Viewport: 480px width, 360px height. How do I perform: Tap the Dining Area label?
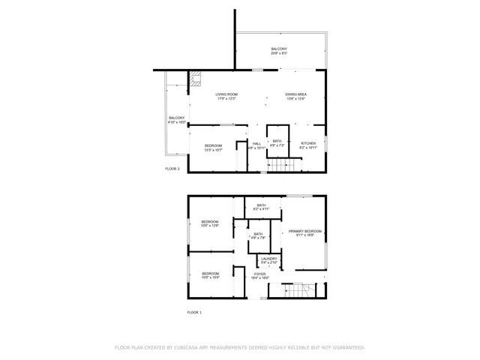tap(295, 96)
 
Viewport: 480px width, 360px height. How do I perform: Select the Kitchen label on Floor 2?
tap(308, 144)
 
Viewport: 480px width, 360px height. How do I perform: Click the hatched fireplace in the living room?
tap(196, 78)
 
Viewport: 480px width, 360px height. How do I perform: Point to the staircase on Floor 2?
tap(279, 165)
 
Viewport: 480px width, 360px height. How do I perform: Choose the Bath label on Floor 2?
tap(277, 142)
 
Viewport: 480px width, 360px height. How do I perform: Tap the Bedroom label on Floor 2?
tap(213, 147)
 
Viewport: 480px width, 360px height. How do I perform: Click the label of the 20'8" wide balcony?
tap(279, 51)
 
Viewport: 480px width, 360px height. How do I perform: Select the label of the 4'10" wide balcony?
tap(176, 119)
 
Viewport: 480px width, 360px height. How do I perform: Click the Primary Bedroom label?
tap(305, 232)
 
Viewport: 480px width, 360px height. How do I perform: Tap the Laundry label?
tap(269, 260)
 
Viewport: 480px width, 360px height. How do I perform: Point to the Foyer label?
tap(259, 275)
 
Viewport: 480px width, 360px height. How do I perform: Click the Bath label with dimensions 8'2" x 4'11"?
tap(261, 207)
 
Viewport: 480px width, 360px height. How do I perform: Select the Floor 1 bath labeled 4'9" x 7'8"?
tap(258, 235)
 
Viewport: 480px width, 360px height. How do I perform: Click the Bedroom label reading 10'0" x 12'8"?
tap(210, 223)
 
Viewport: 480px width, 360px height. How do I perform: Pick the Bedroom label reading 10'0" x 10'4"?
tap(210, 274)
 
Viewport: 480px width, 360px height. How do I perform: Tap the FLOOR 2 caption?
tap(172, 169)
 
